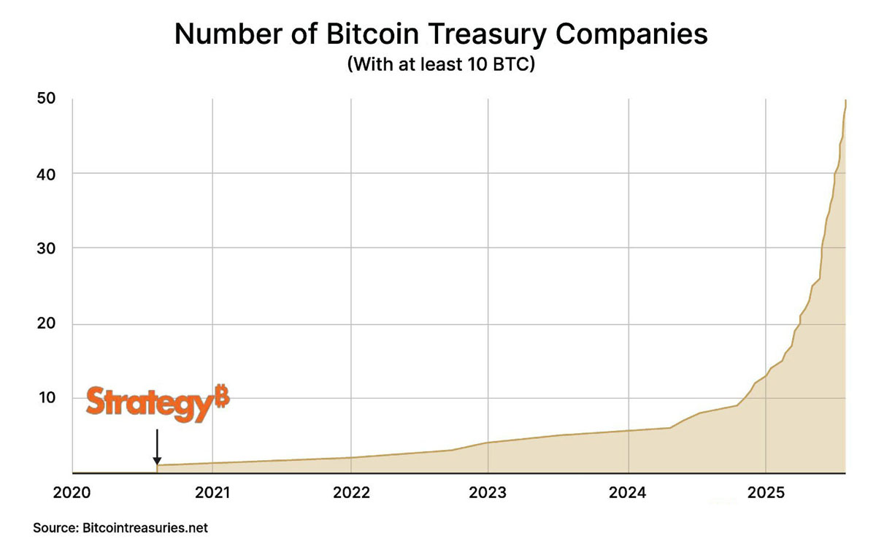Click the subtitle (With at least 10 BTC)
[442, 64]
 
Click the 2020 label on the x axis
[73, 492]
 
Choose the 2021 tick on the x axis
[212, 492]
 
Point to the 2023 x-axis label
[488, 492]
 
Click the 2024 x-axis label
[627, 492]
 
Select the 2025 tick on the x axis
[765, 492]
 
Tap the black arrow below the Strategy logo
[157, 447]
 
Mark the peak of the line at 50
[845, 100]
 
